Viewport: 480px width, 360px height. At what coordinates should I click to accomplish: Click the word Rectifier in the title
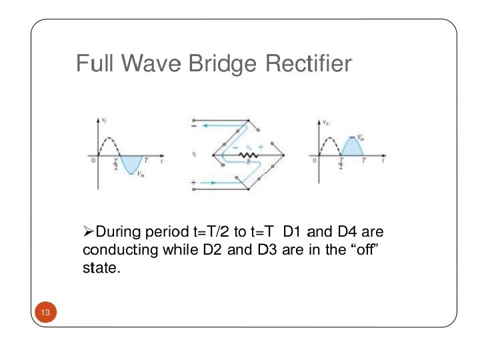coord(308,64)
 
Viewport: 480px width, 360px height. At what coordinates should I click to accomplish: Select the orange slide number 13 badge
coord(45,313)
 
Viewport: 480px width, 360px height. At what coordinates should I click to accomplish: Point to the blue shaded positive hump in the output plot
coord(351,147)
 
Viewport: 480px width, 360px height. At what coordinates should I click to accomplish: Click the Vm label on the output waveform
coord(360,136)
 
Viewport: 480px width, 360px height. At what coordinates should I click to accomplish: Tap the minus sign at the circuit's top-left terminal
coord(194,125)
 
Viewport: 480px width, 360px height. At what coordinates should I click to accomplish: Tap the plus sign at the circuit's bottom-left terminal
coord(194,181)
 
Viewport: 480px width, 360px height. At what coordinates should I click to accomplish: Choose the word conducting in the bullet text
coord(119,251)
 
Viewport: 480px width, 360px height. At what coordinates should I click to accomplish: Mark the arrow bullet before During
coord(89,232)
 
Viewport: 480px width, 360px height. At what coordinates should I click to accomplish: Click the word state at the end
coord(99,269)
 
